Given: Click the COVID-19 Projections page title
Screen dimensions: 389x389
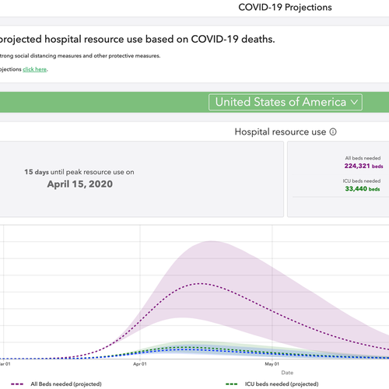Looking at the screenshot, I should pos(285,8).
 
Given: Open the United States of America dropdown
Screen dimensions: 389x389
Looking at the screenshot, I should pos(285,102).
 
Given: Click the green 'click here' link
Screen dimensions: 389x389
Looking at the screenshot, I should pos(34,69).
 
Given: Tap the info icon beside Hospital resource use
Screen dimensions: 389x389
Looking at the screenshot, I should pos(333,132).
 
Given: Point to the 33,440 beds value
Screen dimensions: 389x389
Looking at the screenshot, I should pos(363,188).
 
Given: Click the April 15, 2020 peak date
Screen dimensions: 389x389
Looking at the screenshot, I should pos(68,184).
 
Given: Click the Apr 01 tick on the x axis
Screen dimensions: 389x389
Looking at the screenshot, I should pos(141,363).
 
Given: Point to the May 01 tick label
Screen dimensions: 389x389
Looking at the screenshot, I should pos(272,363).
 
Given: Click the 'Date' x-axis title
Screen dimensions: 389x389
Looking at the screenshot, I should pos(287,373).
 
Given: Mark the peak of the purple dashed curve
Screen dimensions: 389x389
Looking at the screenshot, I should pos(202,283).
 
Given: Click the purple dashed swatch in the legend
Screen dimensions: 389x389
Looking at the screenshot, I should pos(16,384).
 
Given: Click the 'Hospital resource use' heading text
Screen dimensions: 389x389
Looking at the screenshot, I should pos(279,132).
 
